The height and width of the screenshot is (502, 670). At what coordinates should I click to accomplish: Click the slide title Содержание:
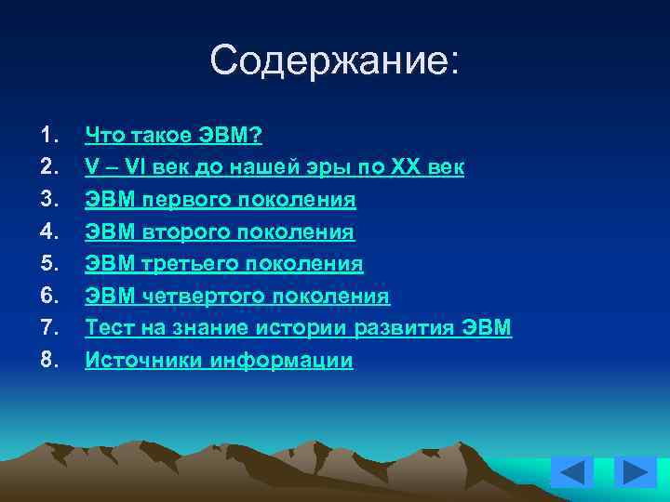[335, 61]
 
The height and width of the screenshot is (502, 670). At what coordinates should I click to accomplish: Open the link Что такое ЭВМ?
[174, 137]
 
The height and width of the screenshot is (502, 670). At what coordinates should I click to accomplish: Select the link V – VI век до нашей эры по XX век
[275, 168]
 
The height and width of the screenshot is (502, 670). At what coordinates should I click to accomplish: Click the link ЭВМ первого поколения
[221, 200]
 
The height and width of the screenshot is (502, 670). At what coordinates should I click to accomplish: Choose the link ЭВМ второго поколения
[220, 231]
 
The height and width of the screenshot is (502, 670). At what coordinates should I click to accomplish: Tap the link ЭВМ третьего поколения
[223, 264]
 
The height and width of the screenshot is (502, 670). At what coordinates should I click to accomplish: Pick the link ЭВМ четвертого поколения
[237, 296]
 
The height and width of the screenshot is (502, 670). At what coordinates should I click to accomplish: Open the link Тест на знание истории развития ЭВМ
[298, 327]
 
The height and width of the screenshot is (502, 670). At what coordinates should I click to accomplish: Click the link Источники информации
[219, 360]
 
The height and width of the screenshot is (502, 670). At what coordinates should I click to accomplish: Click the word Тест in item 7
[106, 327]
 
